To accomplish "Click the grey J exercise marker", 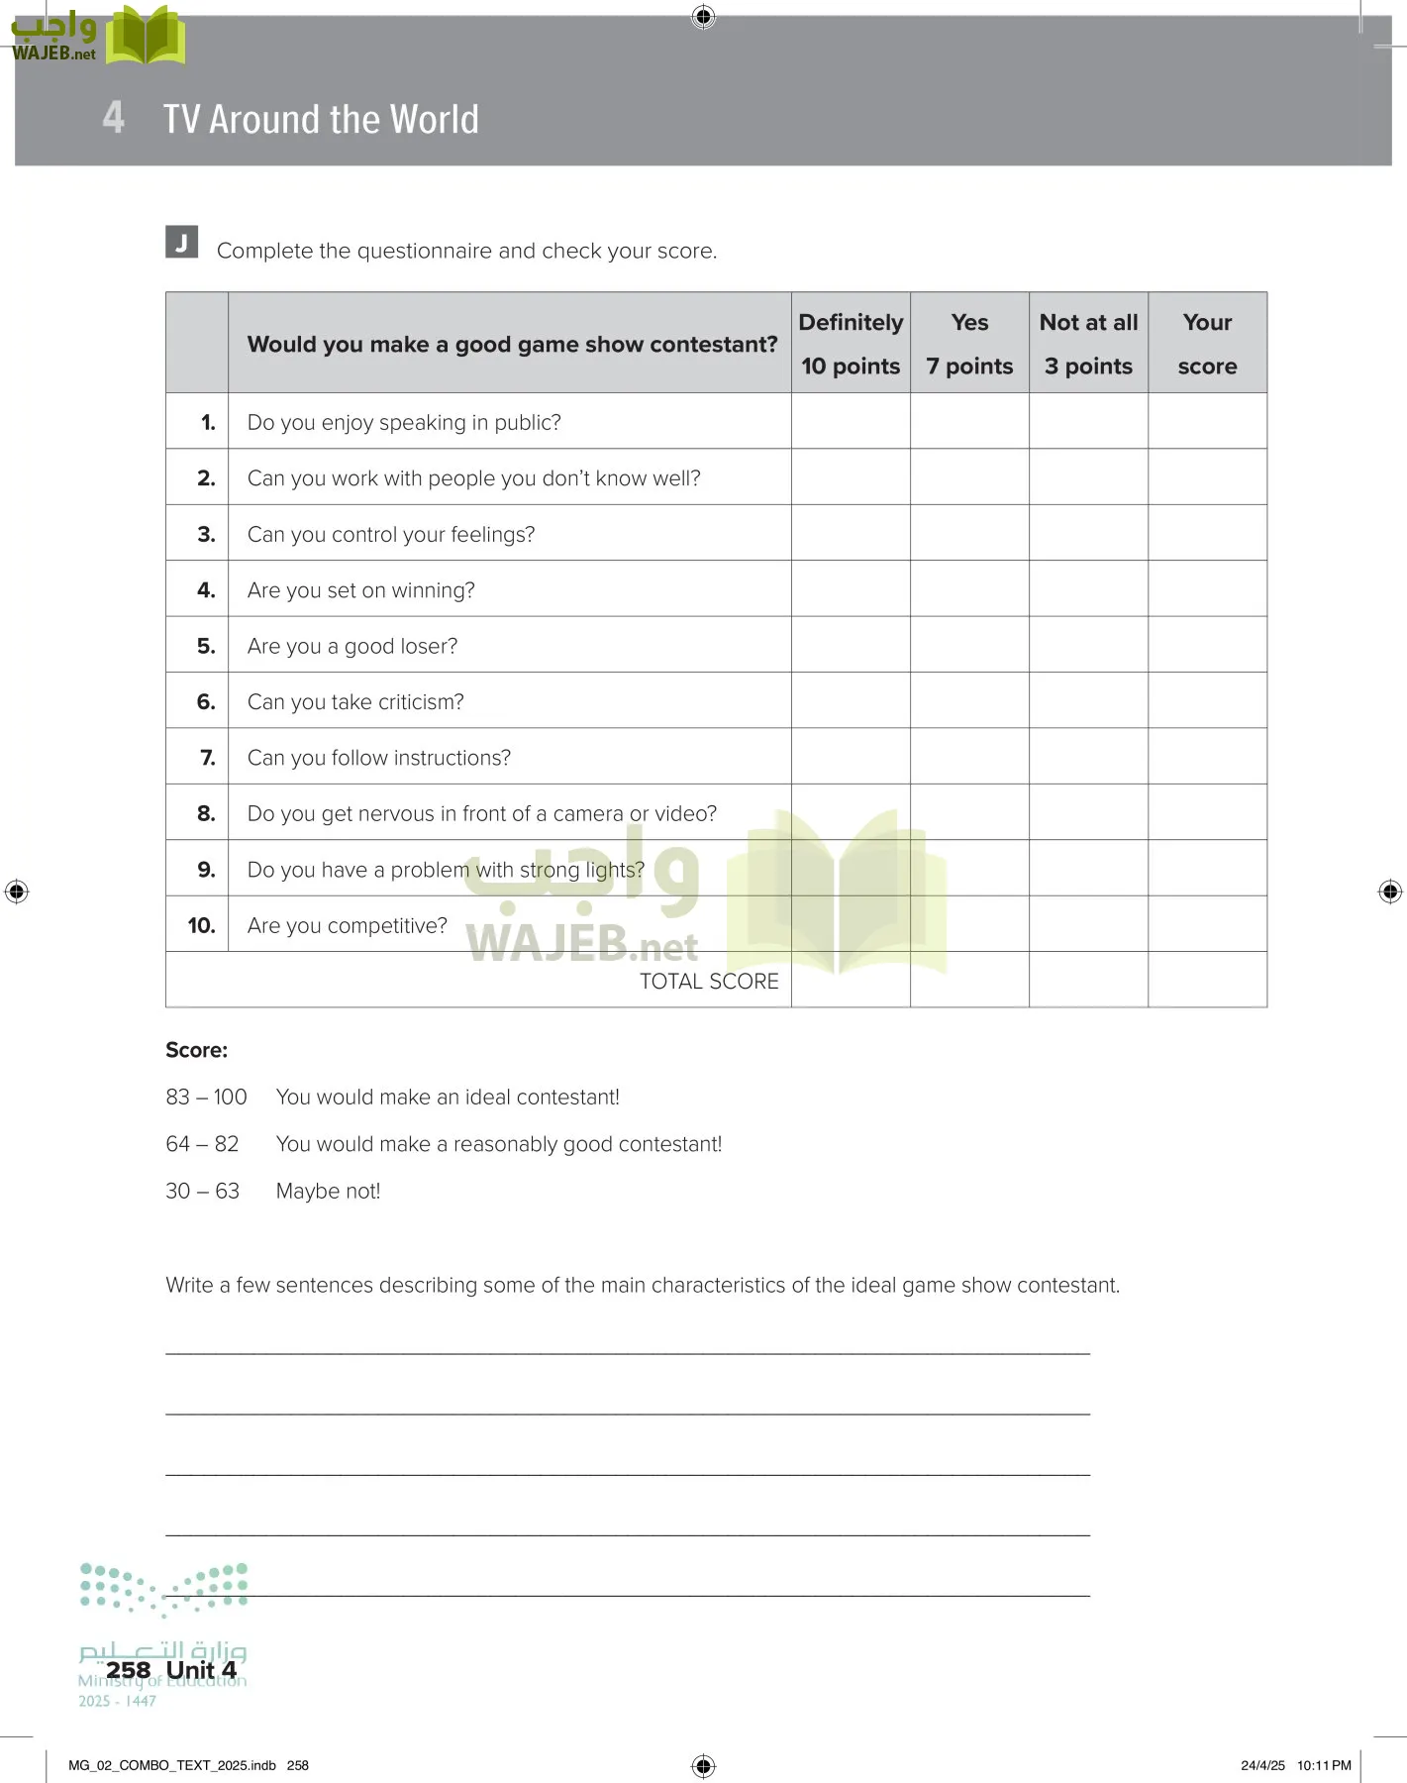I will point(181,243).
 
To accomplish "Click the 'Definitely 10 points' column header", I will point(851,344).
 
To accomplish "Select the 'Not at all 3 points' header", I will point(1088,344).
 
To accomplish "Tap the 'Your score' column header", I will point(1207,344).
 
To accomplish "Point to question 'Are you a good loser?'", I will point(352,647).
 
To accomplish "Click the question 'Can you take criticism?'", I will point(355,702).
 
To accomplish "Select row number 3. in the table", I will point(206,535).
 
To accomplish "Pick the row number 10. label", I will point(201,925).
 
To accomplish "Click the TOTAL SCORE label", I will point(709,982).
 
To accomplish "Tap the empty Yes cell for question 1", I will point(969,422).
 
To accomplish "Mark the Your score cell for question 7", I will point(1207,757).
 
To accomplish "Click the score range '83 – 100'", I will point(206,1098).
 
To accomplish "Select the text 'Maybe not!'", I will point(328,1192).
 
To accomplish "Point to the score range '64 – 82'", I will point(202,1144).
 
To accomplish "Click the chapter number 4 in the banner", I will point(114,117).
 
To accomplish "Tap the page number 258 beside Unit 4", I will point(128,1670).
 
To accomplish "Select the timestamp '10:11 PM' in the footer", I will point(1324,1765).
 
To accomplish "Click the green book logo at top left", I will point(145,36).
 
